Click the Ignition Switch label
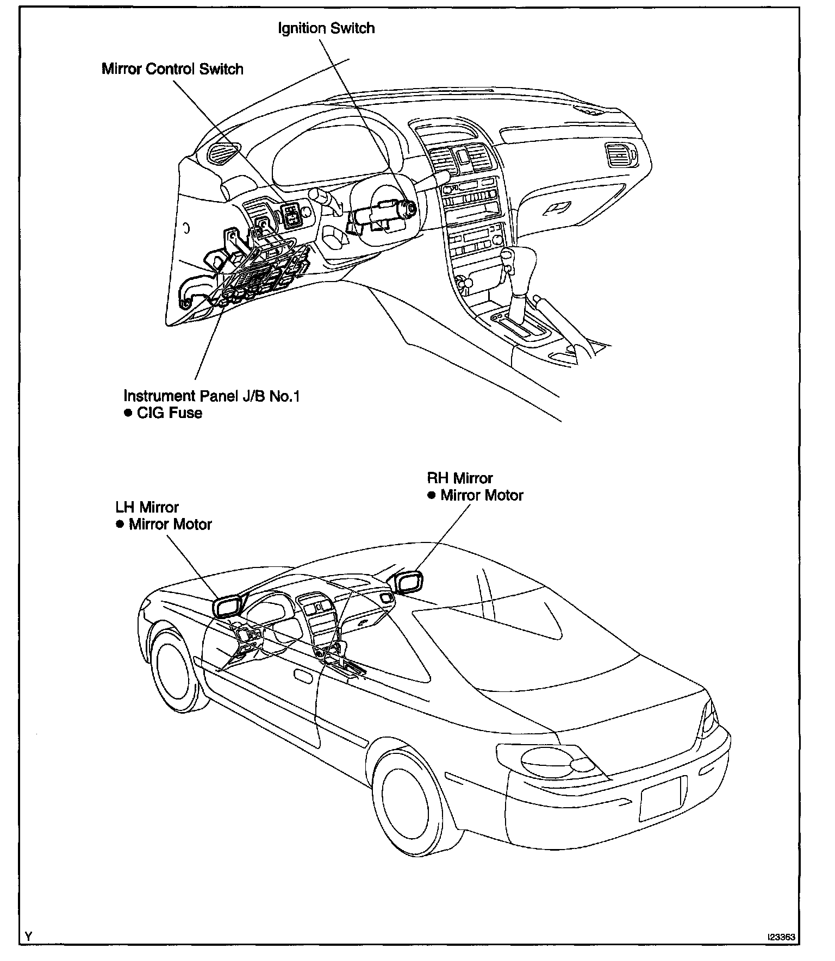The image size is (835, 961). click(x=326, y=28)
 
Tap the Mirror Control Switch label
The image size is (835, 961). click(x=172, y=69)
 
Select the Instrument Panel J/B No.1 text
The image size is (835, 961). click(x=211, y=395)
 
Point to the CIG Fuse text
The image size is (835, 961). click(x=170, y=413)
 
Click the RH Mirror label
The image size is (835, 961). click(x=460, y=478)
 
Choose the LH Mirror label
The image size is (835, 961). click(x=147, y=507)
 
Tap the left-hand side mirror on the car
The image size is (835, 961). click(x=228, y=607)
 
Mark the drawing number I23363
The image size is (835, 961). click(x=781, y=937)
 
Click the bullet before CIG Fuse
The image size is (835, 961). click(x=128, y=413)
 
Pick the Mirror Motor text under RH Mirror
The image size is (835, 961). click(x=482, y=496)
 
